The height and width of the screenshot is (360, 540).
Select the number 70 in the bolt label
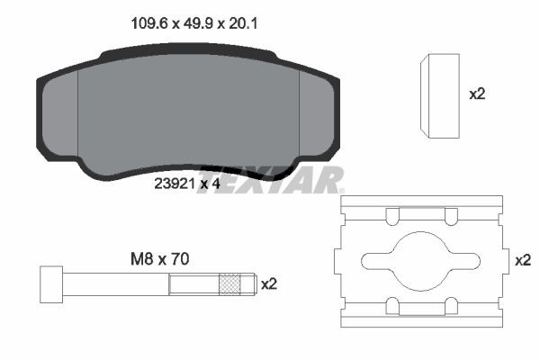point(180,258)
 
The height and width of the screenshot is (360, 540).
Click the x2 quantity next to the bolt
point(268,284)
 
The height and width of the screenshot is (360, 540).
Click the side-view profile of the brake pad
point(440,95)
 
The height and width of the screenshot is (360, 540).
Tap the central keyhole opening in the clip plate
point(418,259)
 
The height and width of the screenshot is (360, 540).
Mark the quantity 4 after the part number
point(217,184)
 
